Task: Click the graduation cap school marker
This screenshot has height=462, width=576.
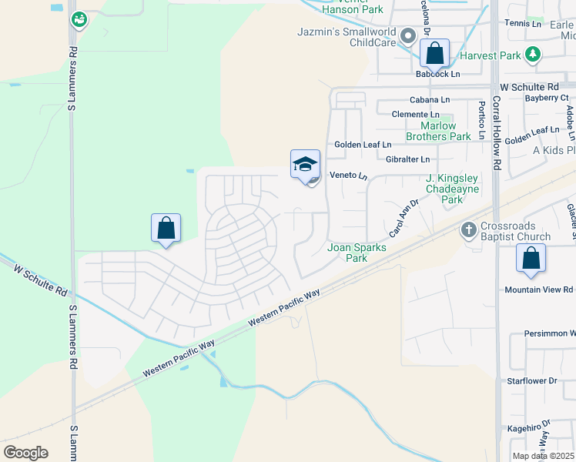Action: pyautogui.click(x=305, y=164)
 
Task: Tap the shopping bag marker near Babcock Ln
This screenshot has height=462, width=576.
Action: pyautogui.click(x=435, y=54)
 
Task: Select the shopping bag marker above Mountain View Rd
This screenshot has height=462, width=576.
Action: pyautogui.click(x=531, y=259)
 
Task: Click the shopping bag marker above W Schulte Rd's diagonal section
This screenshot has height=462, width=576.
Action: pyautogui.click(x=166, y=229)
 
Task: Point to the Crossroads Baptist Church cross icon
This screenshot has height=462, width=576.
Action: pyautogui.click(x=467, y=229)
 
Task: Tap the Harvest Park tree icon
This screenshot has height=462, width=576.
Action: pyautogui.click(x=531, y=54)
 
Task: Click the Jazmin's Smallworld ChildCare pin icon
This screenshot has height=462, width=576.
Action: pyautogui.click(x=409, y=35)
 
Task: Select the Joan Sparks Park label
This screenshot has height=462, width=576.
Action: pyautogui.click(x=357, y=253)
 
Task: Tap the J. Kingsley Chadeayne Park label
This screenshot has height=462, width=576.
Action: pyautogui.click(x=452, y=189)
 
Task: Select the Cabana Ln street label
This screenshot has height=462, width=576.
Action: pyautogui.click(x=430, y=100)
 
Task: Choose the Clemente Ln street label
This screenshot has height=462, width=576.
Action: pyautogui.click(x=415, y=115)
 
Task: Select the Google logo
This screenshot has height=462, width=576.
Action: pyautogui.click(x=25, y=453)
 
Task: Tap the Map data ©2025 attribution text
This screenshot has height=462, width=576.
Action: pyautogui.click(x=542, y=456)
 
